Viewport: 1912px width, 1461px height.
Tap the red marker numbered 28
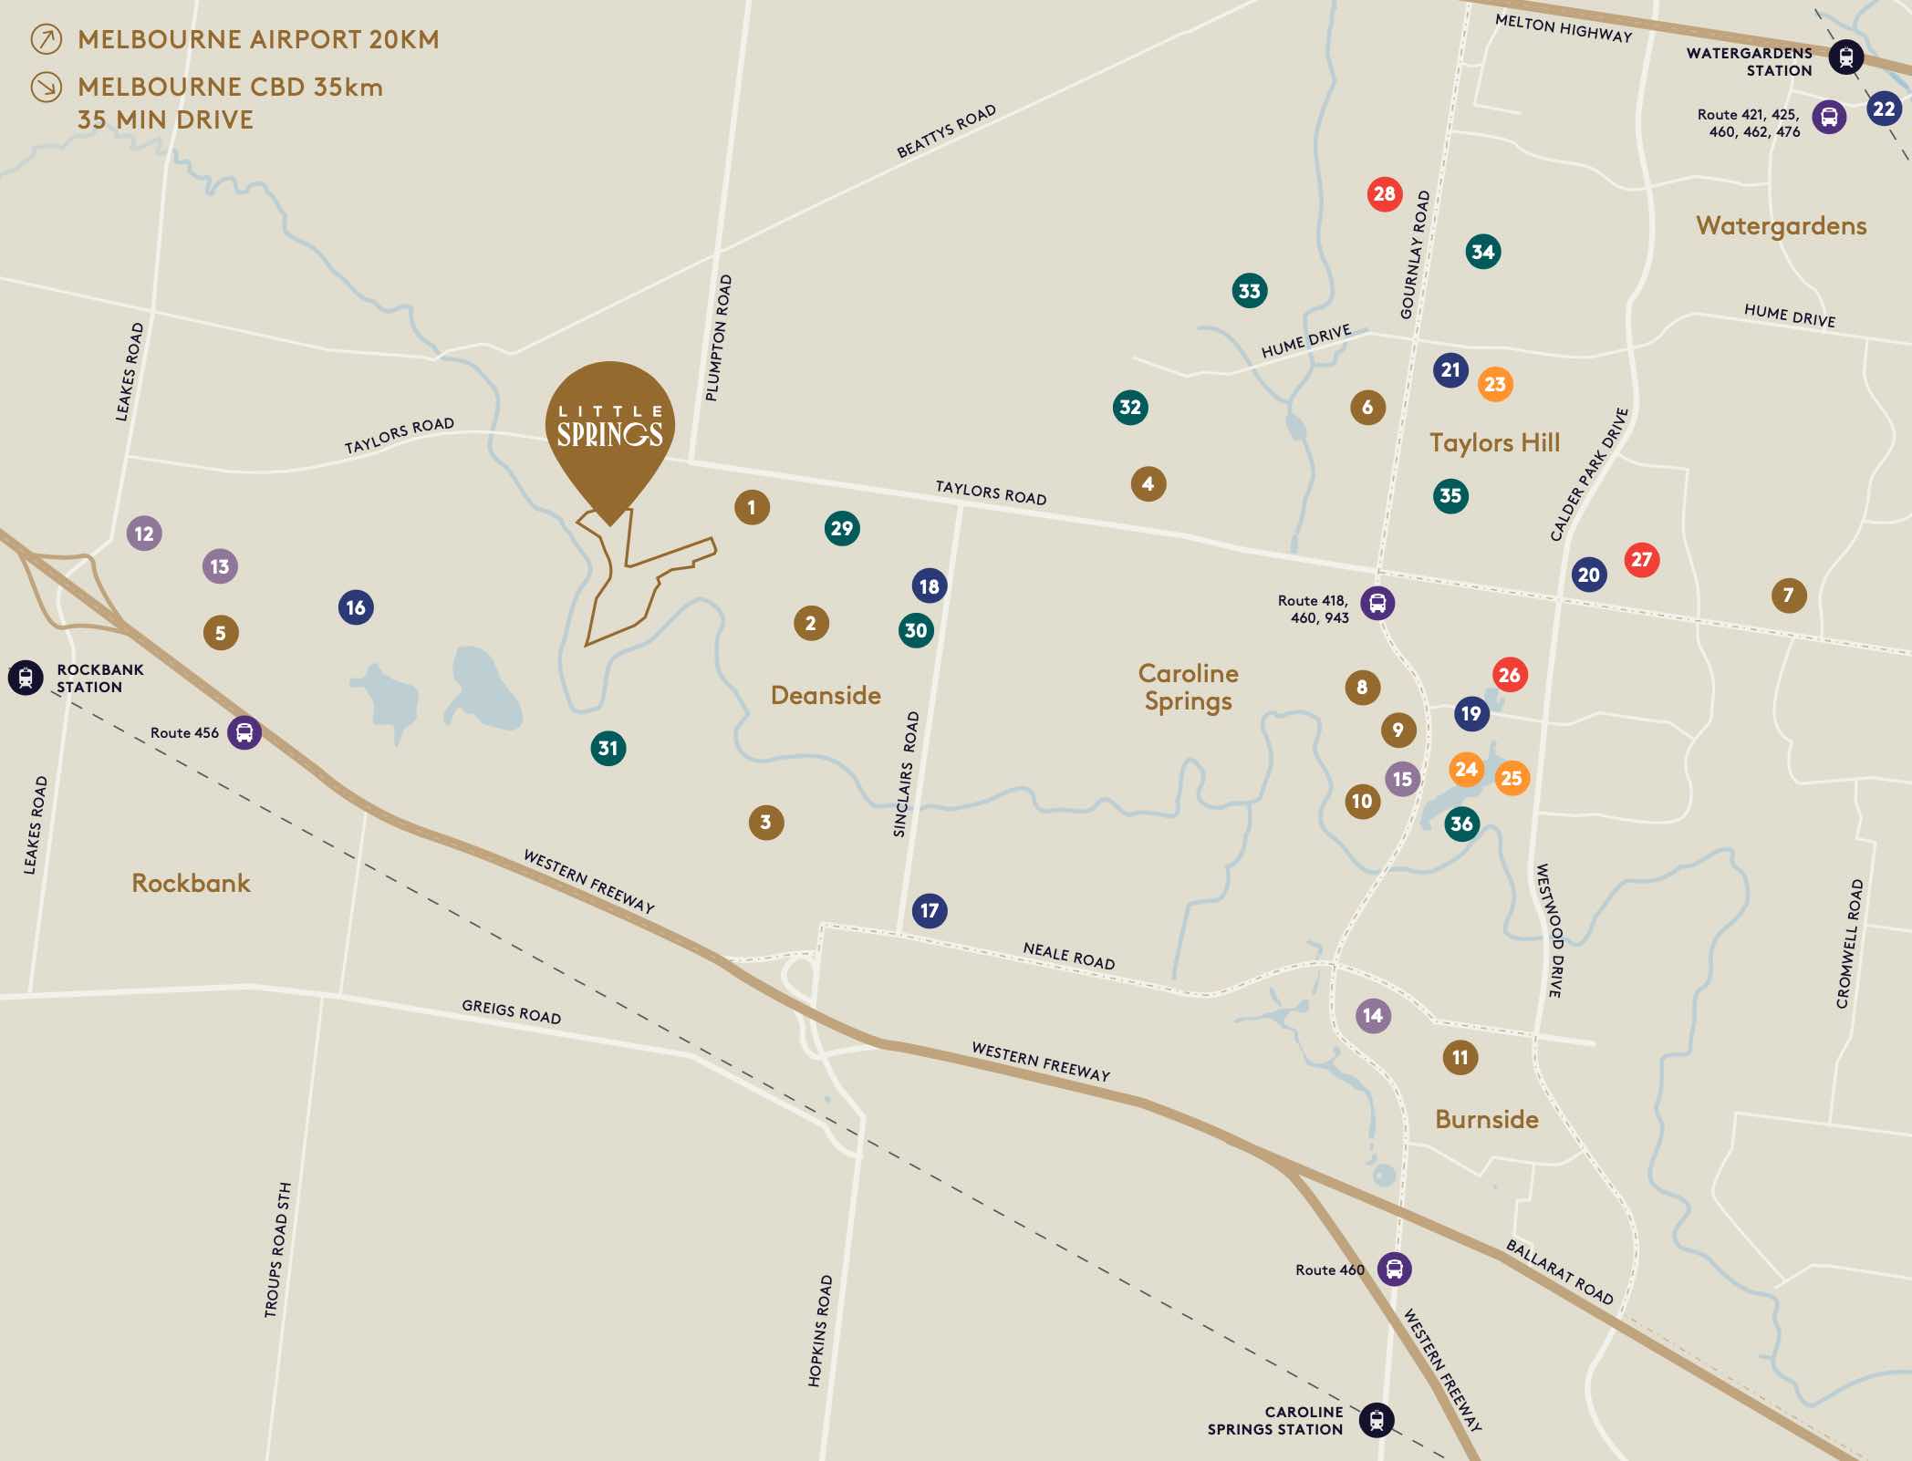[1384, 193]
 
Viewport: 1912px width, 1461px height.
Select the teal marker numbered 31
[608, 748]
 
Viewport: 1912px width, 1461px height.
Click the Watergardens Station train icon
[1846, 57]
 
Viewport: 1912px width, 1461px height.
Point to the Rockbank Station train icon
[26, 678]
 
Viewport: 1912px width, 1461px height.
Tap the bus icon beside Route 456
[244, 732]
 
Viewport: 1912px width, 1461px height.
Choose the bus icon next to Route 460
[1394, 1269]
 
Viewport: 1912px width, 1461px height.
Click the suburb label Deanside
[826, 695]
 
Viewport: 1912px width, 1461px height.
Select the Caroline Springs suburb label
[1188, 687]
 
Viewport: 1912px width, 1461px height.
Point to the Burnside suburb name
[1486, 1119]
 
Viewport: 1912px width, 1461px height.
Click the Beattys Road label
[946, 132]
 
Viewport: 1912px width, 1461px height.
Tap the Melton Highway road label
[1563, 28]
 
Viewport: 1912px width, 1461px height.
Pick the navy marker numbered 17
[930, 910]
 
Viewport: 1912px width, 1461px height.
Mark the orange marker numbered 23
[1494, 384]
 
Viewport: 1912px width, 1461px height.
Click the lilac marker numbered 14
[1373, 1015]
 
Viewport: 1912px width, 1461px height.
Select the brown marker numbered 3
[765, 822]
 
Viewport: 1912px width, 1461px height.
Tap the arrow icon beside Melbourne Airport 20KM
[47, 39]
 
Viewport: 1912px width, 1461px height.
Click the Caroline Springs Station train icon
[1377, 1420]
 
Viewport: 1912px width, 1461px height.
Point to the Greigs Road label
[511, 1011]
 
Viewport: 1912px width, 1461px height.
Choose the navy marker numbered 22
[1884, 109]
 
